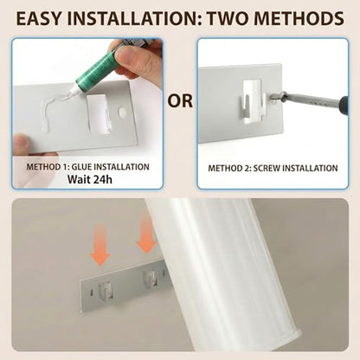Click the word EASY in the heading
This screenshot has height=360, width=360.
pos(38,18)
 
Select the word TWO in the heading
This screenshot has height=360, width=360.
pos(228,18)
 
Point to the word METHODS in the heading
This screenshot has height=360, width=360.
pos(299,18)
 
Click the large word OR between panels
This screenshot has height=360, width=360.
pos(180,101)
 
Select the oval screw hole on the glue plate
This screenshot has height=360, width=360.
pos(122,112)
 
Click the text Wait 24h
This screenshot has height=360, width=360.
pos(90,179)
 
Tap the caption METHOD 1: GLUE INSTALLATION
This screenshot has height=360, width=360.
pos(87,167)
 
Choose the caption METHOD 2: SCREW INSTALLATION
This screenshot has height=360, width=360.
pos(273,168)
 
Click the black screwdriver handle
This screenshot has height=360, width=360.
pos(344,103)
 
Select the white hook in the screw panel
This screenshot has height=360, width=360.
pos(252,101)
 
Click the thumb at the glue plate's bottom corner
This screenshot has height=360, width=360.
pos(22,144)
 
